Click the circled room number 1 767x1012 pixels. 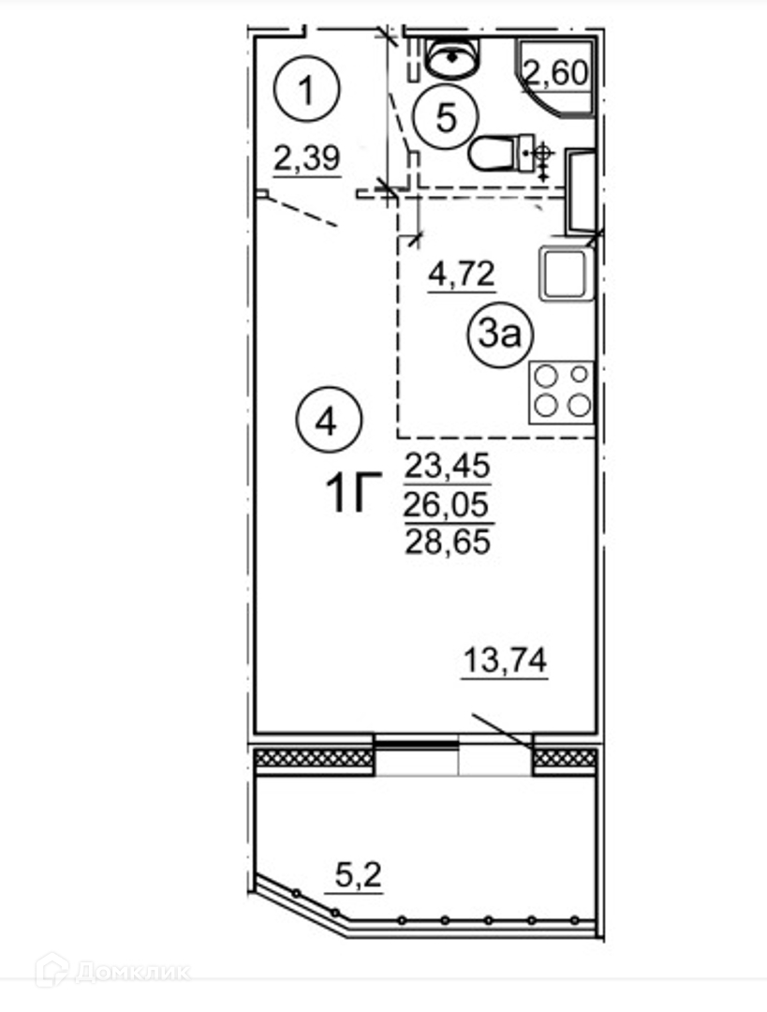[307, 89]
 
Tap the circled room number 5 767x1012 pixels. [446, 119]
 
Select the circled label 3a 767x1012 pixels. [501, 335]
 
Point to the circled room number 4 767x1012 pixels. [329, 423]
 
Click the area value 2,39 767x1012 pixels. [307, 158]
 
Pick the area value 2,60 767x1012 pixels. [556, 73]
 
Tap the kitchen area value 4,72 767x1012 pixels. [462, 274]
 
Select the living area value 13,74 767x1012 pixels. [505, 661]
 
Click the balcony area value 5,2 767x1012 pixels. [359, 876]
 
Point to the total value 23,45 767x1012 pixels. [448, 466]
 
